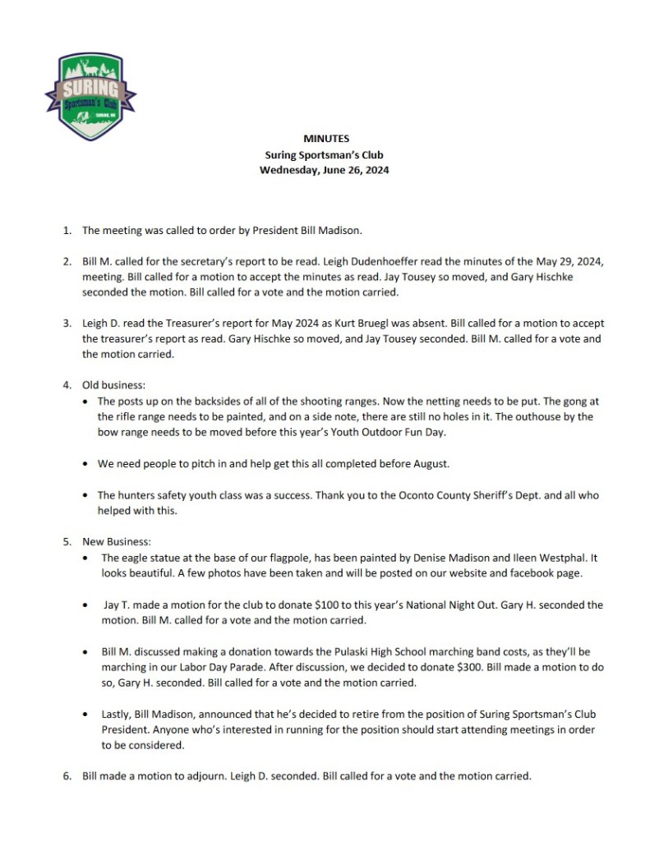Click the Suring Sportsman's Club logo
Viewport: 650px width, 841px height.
[90, 96]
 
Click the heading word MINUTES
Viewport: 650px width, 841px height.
[324, 139]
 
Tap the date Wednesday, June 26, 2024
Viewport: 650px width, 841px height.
[324, 171]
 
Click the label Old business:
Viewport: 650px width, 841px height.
[116, 384]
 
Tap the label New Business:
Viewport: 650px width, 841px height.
[117, 541]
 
